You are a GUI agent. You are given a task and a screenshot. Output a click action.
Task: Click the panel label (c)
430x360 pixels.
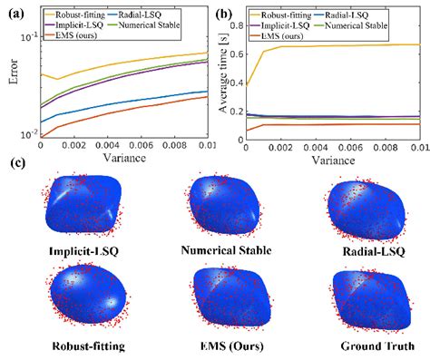click(15, 164)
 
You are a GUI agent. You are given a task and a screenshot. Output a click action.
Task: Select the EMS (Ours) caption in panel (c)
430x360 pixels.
click(224, 345)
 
